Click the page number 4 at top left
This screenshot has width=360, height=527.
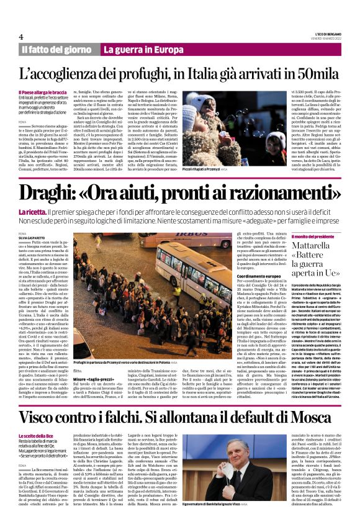22,36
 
